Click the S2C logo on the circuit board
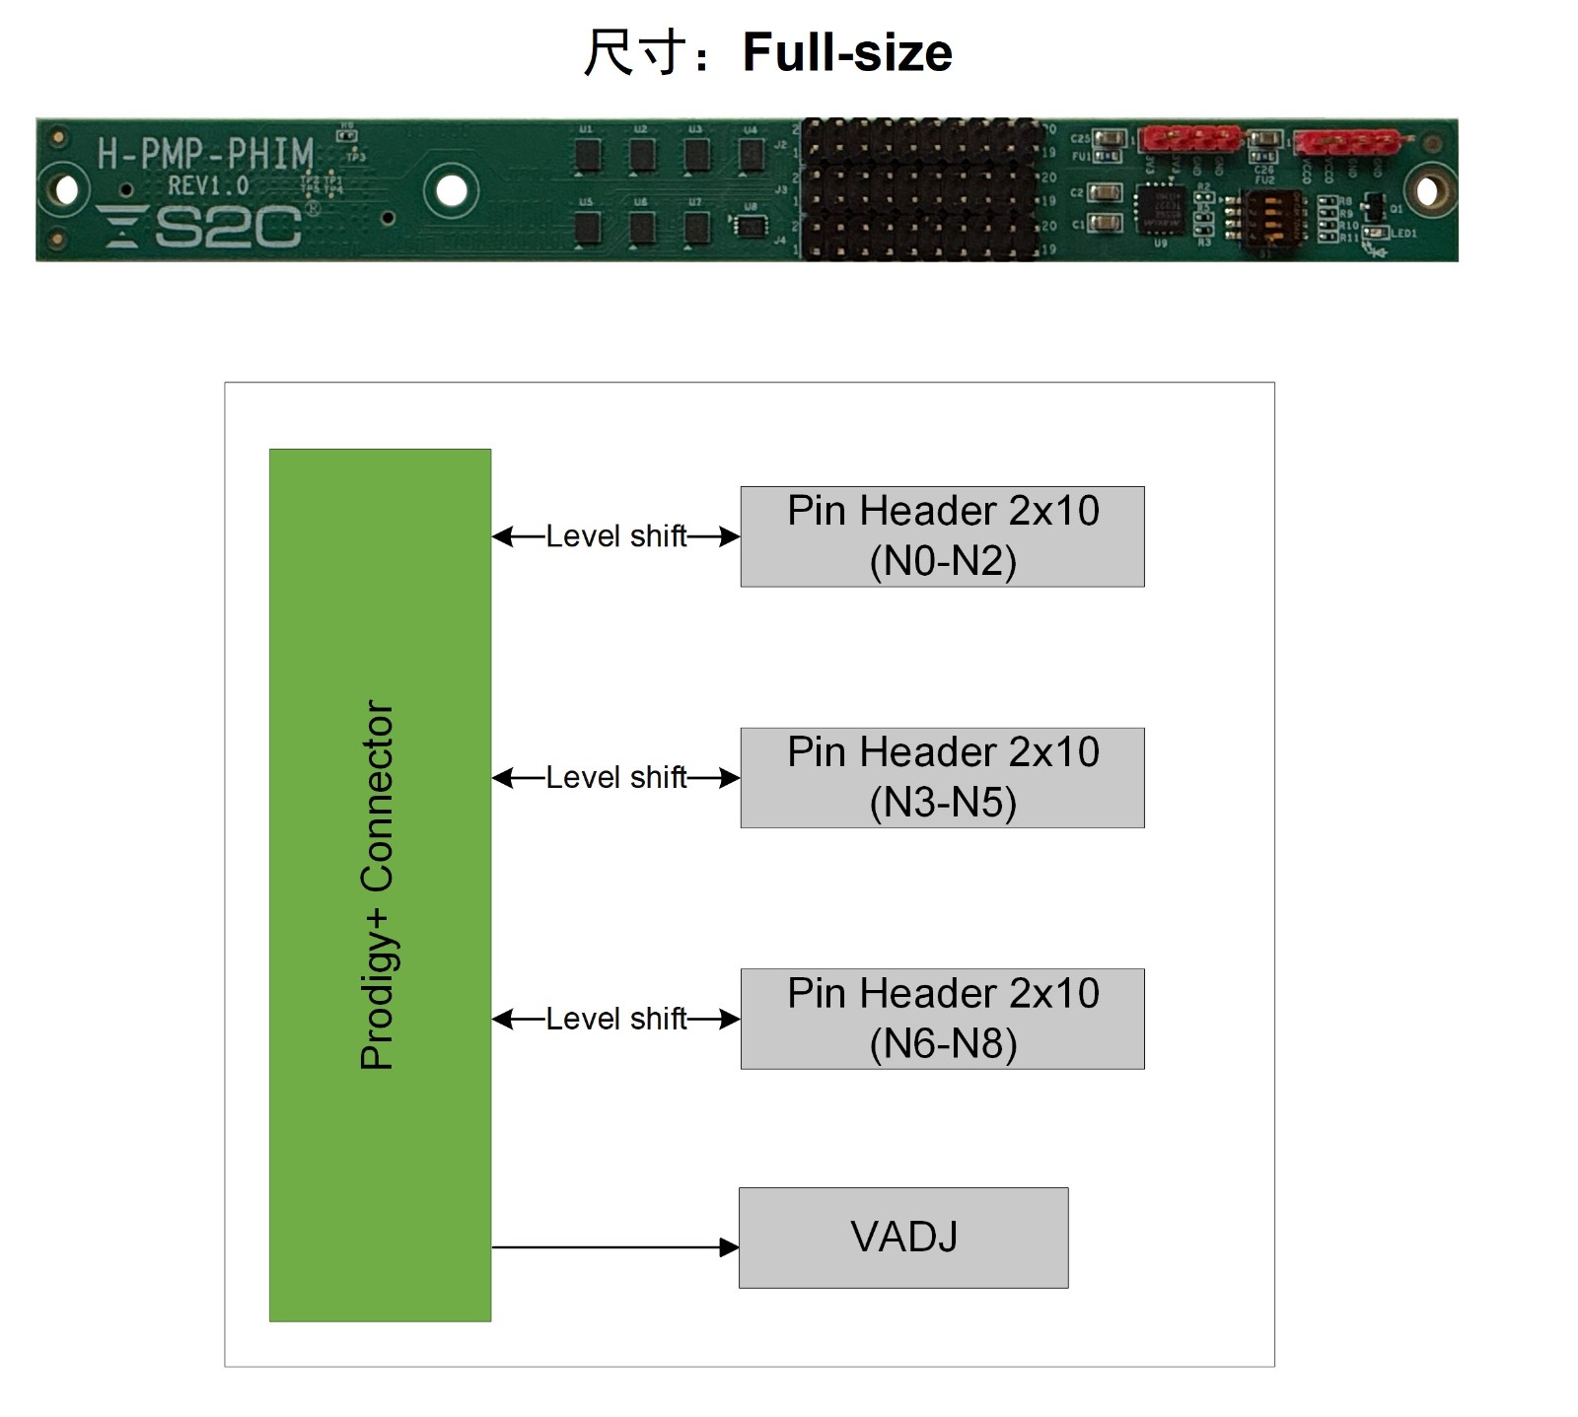tap(202, 227)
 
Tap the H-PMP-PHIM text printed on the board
tap(205, 154)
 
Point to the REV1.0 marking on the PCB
tap(208, 185)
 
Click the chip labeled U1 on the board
tap(587, 154)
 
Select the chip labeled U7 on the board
tap(696, 227)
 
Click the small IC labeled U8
tap(751, 226)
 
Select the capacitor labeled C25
tap(1109, 139)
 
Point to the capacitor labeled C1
tap(1107, 223)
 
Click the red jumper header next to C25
tap(1188, 140)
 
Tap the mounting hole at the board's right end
tap(1426, 190)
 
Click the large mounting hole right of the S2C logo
tap(452, 190)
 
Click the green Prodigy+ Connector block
tap(380, 885)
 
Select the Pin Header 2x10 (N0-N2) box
tap(942, 536)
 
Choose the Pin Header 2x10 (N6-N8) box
tap(942, 1019)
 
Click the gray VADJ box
tap(903, 1238)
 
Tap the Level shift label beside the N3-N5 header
tap(615, 778)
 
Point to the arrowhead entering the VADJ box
tap(730, 1247)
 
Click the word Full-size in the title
tap(846, 52)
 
